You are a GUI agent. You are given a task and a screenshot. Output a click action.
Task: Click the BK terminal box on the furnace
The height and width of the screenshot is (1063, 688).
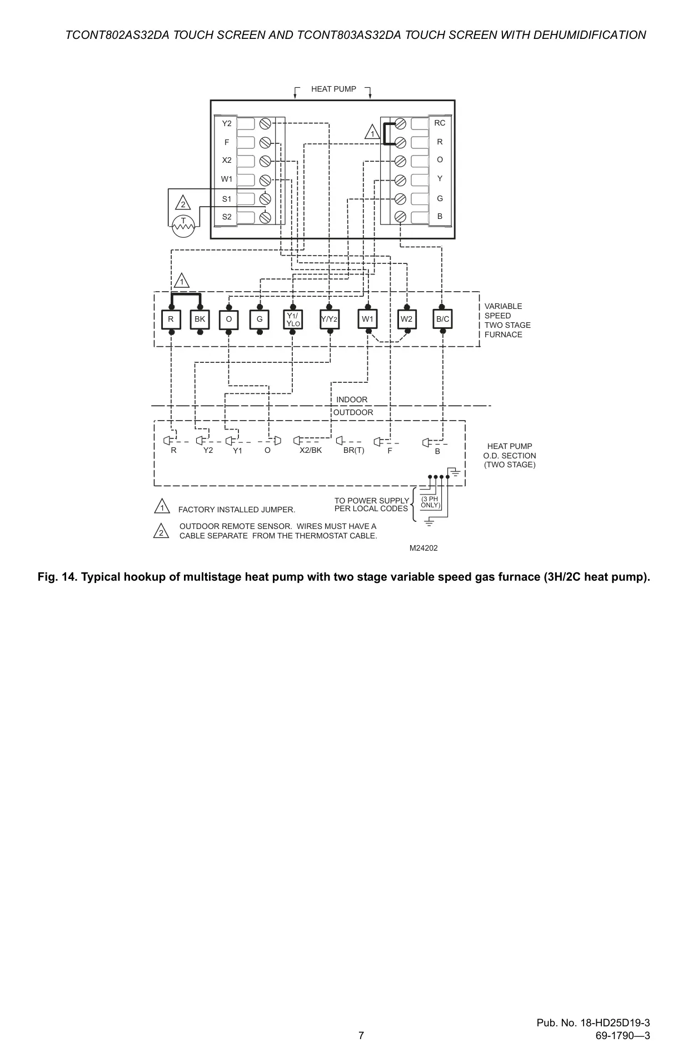coord(200,320)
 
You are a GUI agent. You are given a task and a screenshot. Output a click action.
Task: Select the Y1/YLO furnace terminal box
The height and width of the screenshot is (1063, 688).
coord(293,320)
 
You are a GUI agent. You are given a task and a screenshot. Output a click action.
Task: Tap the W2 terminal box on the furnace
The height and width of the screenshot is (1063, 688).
coord(407,320)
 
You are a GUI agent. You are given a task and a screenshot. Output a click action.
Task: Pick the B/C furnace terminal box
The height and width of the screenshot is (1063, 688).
coord(443,320)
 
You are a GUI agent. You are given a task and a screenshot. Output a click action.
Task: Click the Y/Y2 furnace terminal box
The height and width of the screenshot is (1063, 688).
coord(330,320)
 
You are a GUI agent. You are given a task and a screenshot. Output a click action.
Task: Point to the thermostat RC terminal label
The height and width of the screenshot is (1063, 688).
coord(440,123)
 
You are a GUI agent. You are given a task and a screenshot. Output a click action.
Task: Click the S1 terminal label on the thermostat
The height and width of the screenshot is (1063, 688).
coord(227,198)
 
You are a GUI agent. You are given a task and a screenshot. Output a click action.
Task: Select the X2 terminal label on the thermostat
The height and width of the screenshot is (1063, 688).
coord(227,160)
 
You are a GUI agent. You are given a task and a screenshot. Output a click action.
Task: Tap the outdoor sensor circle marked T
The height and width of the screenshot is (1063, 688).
coord(183,226)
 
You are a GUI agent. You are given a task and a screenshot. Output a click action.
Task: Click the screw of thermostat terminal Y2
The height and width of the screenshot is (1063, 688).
coord(265,123)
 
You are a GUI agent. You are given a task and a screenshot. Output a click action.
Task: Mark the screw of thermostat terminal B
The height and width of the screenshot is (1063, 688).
coord(400,217)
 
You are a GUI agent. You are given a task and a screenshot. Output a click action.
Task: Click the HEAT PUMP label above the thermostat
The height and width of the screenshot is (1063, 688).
coord(333,89)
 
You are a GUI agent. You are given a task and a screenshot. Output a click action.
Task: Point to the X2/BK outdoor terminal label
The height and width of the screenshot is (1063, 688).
coord(311,450)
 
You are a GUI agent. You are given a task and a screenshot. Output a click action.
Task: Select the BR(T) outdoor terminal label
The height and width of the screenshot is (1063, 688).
coord(354,450)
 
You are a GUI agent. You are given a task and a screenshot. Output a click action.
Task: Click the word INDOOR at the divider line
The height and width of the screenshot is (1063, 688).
coord(352,400)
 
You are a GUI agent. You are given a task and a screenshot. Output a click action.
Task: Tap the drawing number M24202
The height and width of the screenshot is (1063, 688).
coord(423,548)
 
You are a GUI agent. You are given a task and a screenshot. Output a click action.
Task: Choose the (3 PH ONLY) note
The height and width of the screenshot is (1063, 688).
coord(430,502)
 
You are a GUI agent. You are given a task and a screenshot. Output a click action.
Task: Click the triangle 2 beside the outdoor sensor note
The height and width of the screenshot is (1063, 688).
coord(161,531)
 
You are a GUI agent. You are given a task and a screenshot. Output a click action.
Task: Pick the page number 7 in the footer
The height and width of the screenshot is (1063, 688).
coord(361,1035)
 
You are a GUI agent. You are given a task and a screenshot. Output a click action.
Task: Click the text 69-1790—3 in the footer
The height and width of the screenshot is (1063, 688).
coord(622,1035)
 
